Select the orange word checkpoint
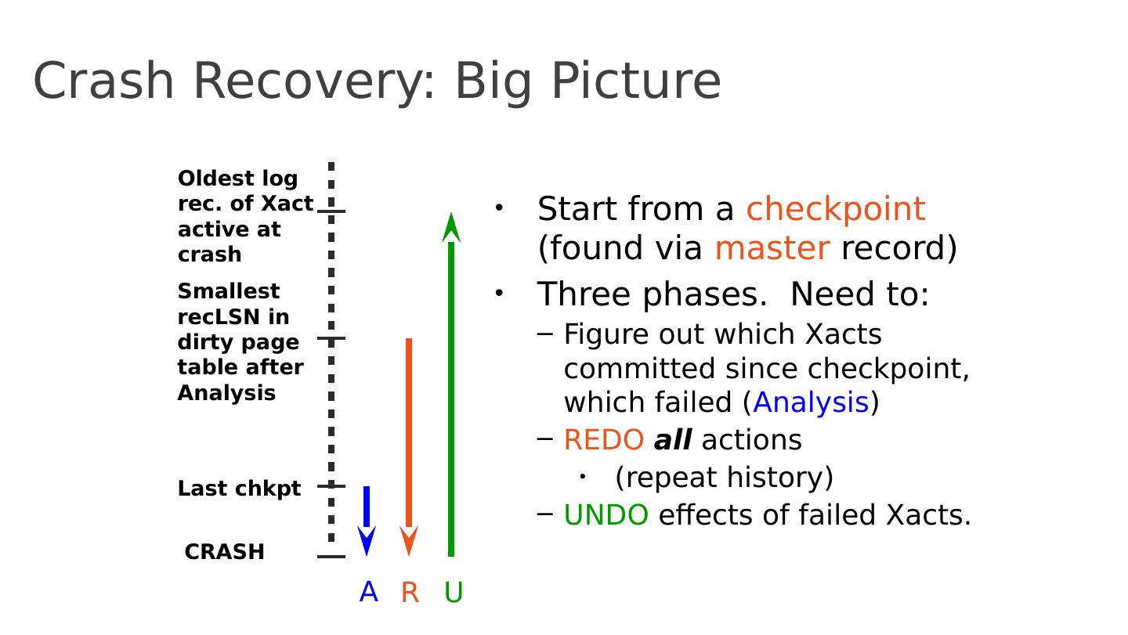835,209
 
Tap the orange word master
772,248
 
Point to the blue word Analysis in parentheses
812,402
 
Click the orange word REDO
604,440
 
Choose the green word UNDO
606,515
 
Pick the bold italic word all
673,439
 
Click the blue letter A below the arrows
369,592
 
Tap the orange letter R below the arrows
410,592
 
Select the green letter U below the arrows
454,592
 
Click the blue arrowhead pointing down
367,540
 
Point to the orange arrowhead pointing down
409,540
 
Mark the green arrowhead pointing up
451,227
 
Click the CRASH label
225,551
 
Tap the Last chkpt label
239,489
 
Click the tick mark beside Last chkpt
331,486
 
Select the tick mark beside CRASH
331,557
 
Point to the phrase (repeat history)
724,477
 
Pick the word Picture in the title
637,81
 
